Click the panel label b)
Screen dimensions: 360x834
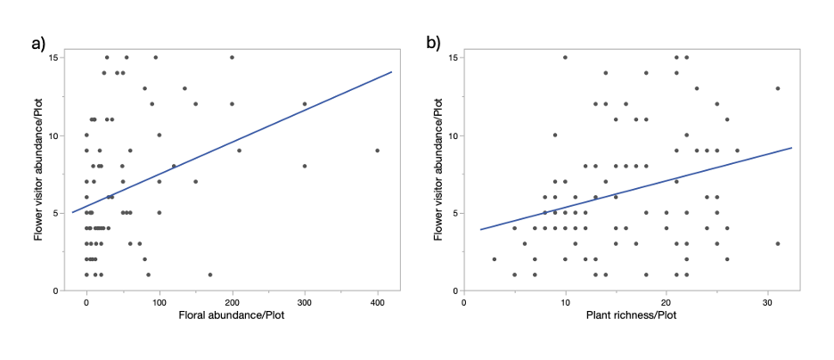point(433,43)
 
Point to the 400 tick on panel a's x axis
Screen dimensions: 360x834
point(377,302)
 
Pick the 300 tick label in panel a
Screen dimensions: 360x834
point(305,302)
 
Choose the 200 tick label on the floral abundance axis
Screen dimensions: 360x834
point(232,302)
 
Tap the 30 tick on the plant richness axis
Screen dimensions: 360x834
point(767,302)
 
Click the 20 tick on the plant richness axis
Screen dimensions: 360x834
point(666,302)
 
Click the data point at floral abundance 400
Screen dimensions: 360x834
point(377,151)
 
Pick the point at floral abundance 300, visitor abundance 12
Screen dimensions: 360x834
point(305,104)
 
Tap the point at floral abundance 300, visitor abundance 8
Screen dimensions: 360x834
point(305,166)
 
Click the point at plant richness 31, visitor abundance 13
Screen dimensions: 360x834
point(778,88)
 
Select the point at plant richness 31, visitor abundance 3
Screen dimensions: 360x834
point(778,243)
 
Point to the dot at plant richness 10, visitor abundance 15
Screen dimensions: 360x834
point(565,58)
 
